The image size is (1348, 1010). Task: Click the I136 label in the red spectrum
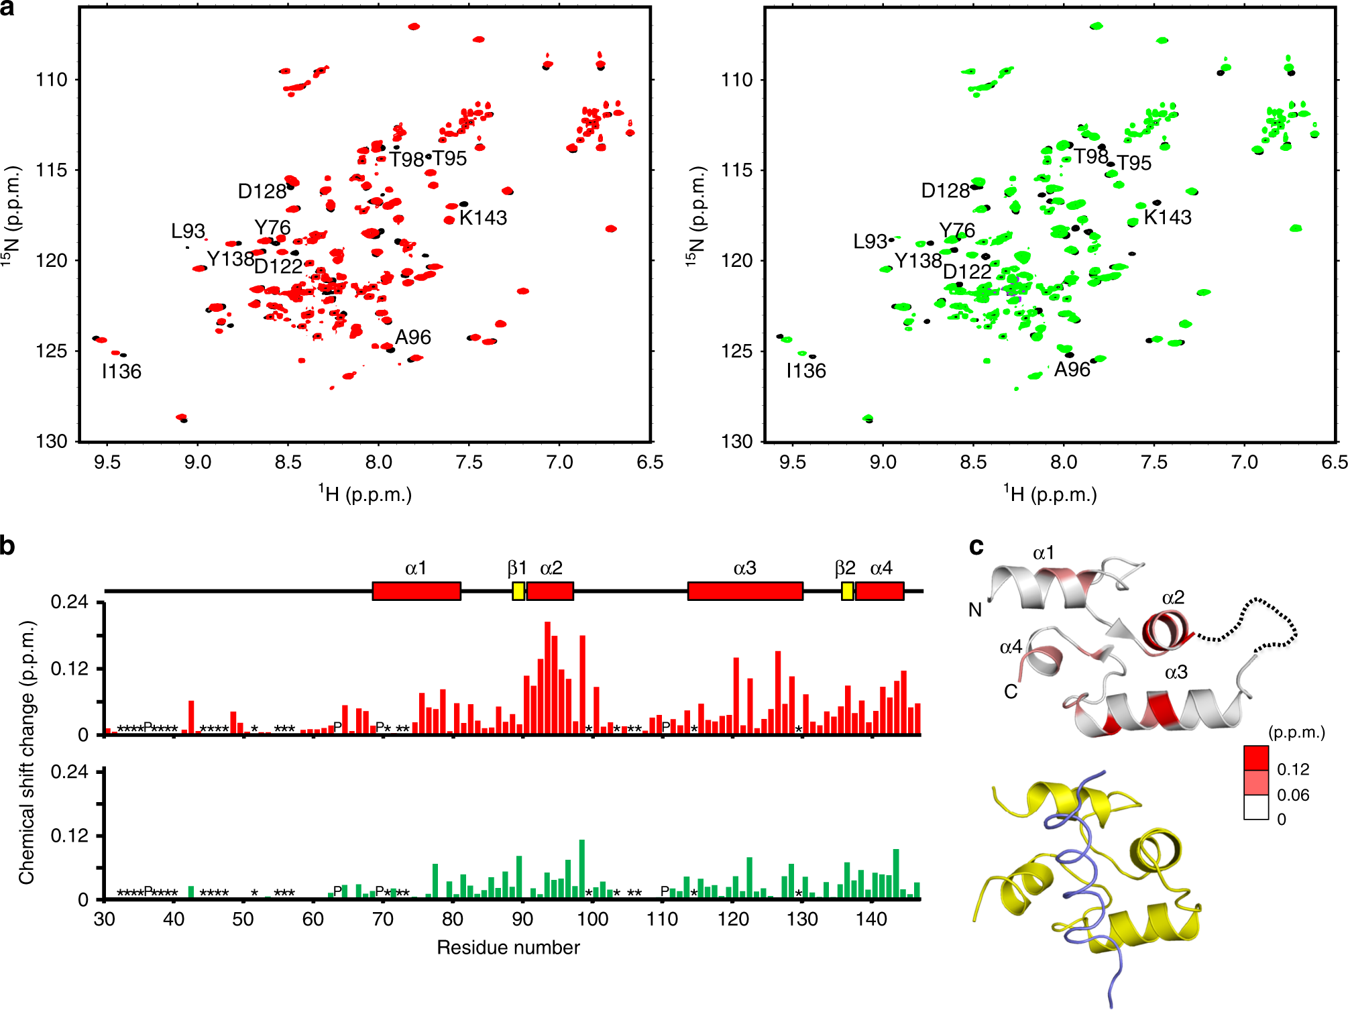point(121,371)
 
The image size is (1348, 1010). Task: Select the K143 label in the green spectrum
point(1168,217)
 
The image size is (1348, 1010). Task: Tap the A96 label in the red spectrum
point(412,337)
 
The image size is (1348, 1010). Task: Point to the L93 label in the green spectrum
point(870,241)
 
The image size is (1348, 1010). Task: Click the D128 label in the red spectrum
point(262,192)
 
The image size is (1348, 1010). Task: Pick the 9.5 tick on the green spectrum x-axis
point(793,462)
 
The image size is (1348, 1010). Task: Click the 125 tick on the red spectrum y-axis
point(52,351)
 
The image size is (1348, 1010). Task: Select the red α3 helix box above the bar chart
point(745,591)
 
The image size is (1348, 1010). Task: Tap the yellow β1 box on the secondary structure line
point(518,591)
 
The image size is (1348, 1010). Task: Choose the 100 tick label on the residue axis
point(592,919)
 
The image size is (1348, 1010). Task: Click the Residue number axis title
point(508,948)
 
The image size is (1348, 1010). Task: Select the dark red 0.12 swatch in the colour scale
point(1255,758)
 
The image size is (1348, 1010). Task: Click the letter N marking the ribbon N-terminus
point(974,610)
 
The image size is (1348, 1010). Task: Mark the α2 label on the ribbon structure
point(1173,598)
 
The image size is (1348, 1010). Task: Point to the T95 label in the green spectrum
point(1133,163)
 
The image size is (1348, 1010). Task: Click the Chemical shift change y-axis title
point(27,751)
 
